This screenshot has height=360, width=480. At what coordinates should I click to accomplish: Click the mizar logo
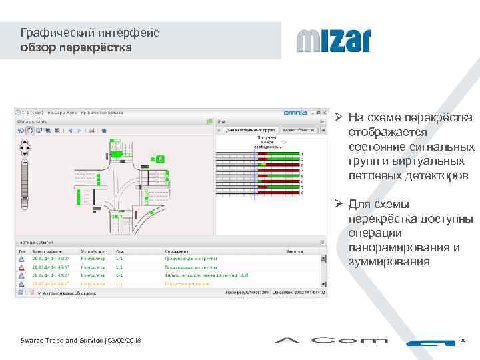click(x=333, y=41)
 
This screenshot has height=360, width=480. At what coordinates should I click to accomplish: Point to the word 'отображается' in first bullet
click(x=387, y=132)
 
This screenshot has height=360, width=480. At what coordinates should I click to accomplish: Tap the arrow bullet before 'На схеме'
click(x=339, y=118)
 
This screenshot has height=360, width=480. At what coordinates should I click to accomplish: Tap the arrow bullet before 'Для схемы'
click(x=339, y=205)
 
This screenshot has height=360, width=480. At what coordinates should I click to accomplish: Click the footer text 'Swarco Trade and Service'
click(x=60, y=341)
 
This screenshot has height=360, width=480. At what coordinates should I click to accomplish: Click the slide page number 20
click(x=463, y=341)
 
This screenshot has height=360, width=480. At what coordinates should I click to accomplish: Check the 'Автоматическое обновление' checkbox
click(x=40, y=292)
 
